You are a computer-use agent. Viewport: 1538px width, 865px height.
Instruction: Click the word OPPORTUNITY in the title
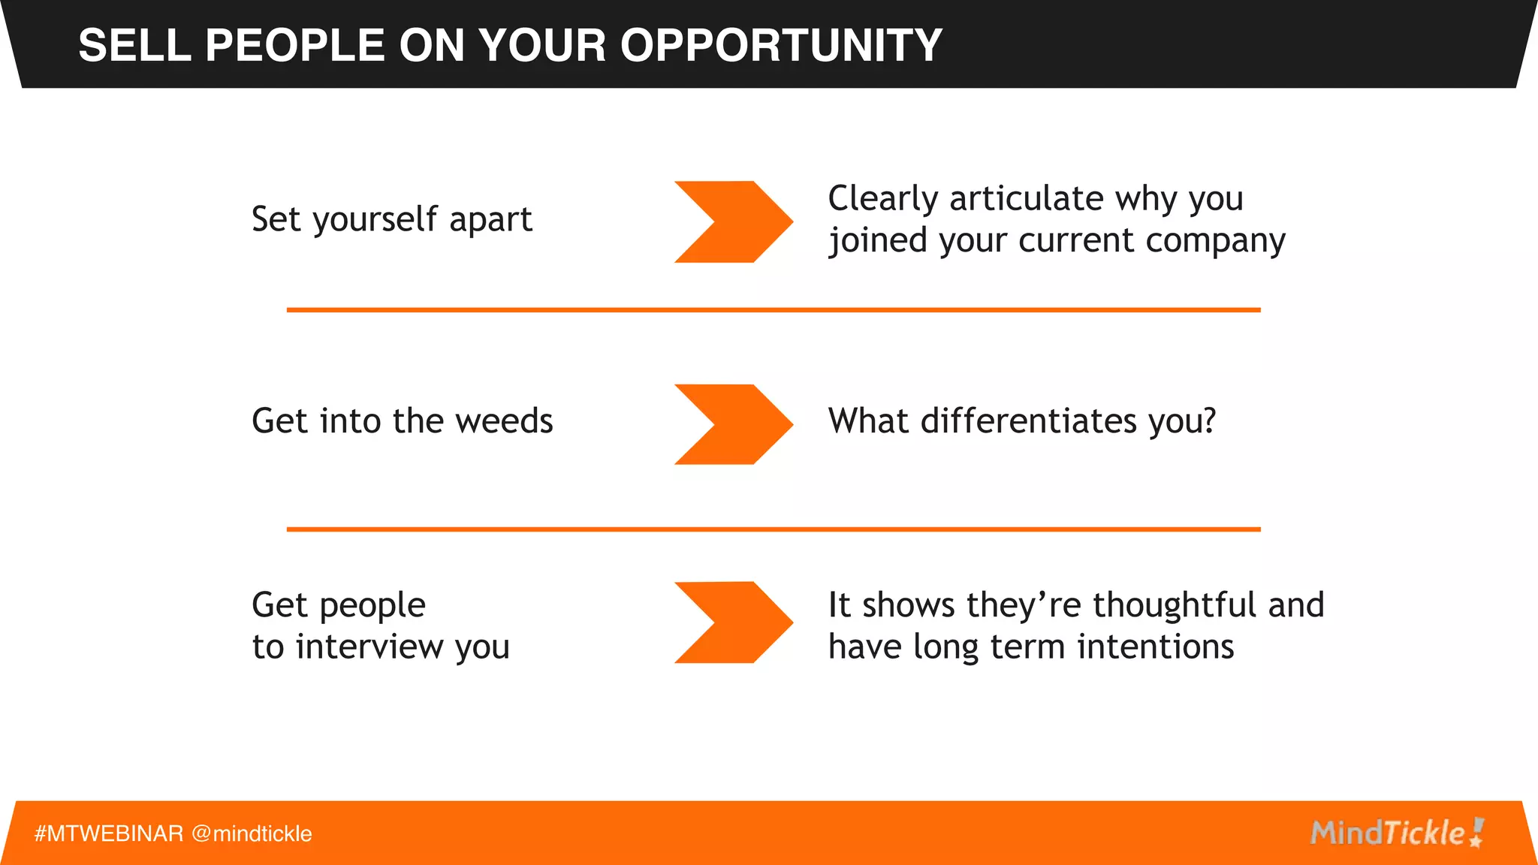(x=780, y=45)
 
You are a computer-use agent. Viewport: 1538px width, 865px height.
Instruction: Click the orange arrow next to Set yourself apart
(x=732, y=222)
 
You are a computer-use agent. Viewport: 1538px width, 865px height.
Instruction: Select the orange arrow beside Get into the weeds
(x=732, y=424)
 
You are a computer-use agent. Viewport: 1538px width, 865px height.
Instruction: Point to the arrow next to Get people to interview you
(x=732, y=622)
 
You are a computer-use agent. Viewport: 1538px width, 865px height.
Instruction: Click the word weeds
(x=504, y=420)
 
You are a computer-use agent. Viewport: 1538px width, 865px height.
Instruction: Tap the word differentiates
(x=1029, y=420)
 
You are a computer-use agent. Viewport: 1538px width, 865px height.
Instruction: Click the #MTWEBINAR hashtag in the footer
(x=109, y=833)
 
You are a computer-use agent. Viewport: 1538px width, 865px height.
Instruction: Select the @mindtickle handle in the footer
(x=252, y=833)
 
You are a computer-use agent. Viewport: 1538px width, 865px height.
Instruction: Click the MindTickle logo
(x=1397, y=833)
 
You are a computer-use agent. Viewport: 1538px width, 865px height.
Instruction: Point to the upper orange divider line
(x=774, y=309)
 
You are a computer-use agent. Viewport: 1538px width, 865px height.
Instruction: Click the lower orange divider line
(x=774, y=529)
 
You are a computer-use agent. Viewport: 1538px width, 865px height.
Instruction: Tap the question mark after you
(x=1208, y=420)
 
